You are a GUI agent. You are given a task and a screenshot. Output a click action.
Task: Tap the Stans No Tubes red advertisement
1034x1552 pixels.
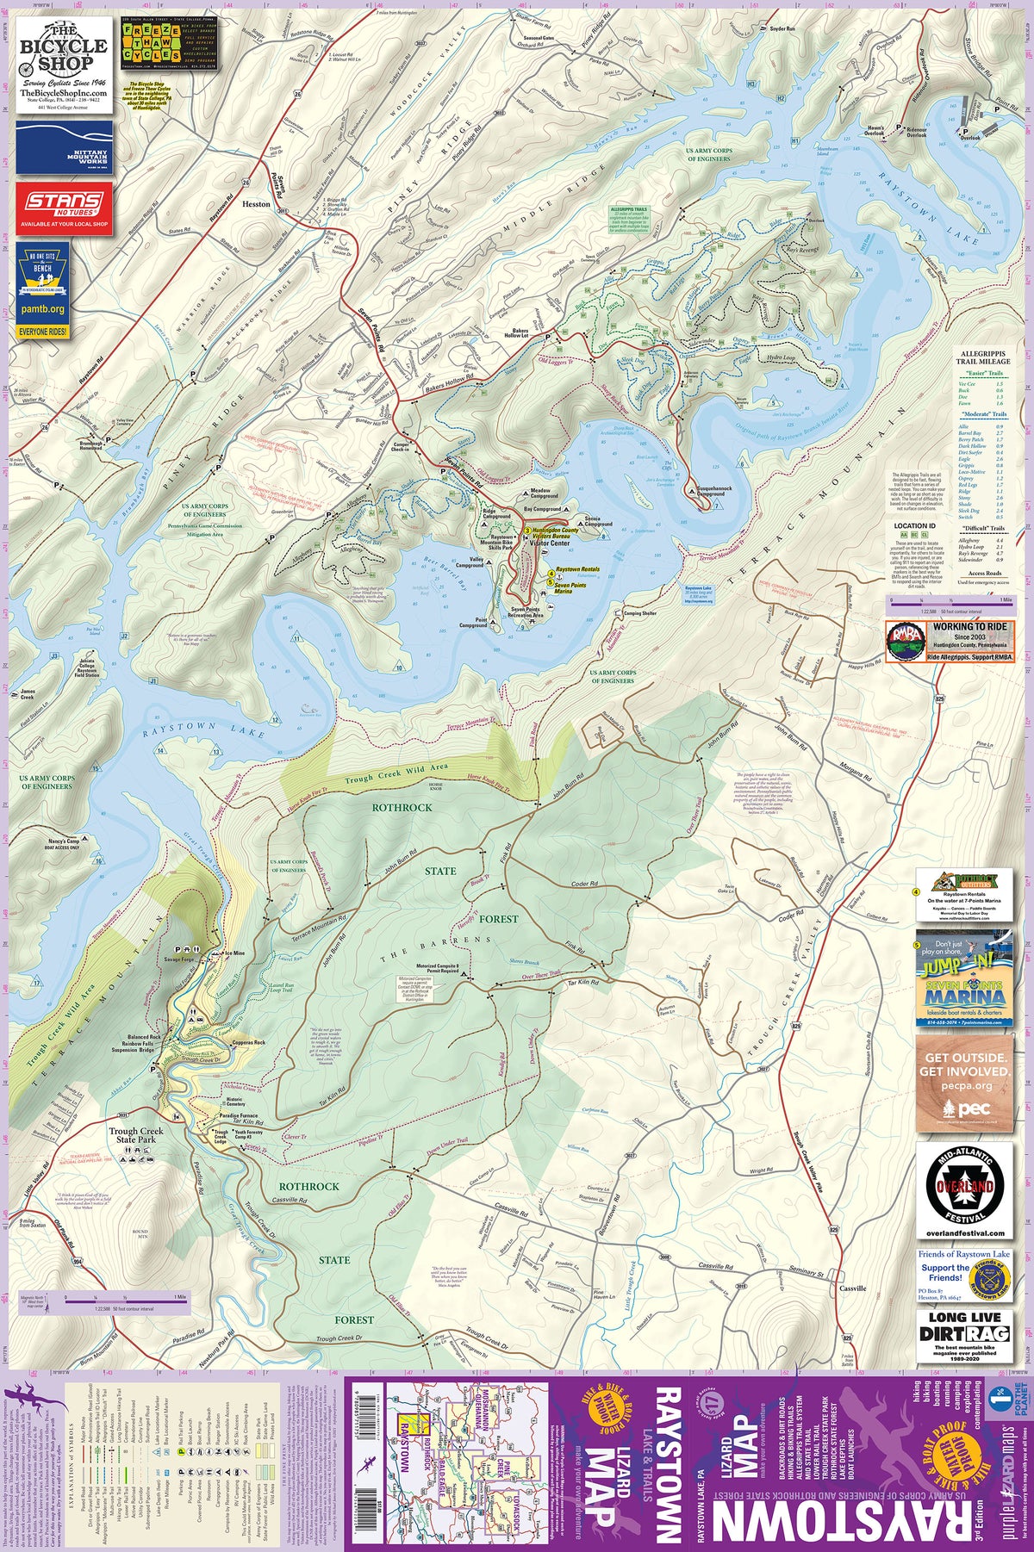click(64, 207)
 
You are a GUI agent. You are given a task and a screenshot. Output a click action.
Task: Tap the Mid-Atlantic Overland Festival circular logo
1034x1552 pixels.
click(965, 1185)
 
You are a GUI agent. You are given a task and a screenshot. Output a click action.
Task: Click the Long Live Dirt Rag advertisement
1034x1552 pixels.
click(965, 1335)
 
